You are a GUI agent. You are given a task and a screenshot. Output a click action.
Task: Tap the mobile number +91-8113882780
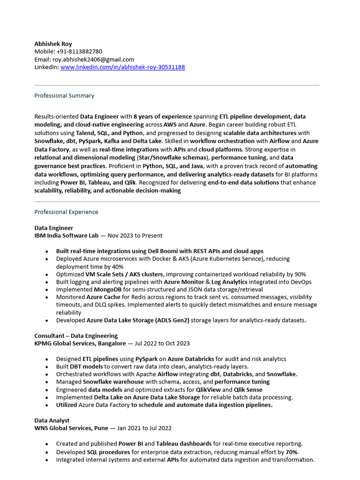click(79, 52)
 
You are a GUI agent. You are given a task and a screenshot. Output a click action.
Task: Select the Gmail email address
click(93, 60)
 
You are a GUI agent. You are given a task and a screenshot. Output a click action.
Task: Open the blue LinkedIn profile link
click(122, 67)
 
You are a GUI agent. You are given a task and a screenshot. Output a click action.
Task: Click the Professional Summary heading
click(64, 96)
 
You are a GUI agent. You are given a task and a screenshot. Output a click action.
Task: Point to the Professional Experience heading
click(66, 212)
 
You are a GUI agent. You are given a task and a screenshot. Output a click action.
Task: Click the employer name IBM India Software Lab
click(68, 236)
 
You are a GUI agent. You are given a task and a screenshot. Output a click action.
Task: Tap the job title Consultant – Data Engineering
click(76, 336)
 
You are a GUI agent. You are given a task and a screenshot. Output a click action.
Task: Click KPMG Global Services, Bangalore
click(80, 344)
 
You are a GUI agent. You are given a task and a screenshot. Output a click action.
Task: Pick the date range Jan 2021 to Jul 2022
click(144, 428)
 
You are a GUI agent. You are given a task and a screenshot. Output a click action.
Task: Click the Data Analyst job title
click(52, 420)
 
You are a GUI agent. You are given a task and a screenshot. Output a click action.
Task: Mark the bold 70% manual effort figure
click(292, 452)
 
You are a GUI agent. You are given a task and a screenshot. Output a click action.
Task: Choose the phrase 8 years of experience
click(163, 116)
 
